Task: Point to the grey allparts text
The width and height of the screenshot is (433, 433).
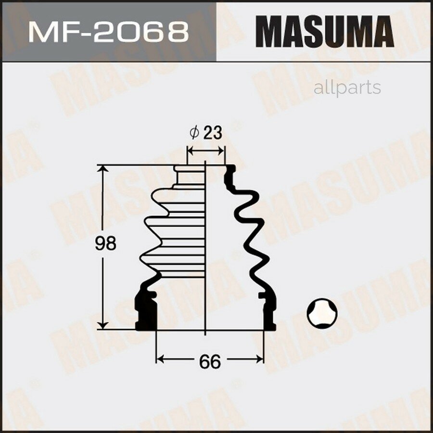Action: (x=347, y=88)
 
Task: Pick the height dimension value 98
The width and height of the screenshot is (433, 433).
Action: (x=105, y=244)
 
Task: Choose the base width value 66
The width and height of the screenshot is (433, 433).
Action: (x=209, y=360)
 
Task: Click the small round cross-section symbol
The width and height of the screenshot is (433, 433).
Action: (x=322, y=313)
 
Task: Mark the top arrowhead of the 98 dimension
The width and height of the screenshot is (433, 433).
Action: (x=102, y=170)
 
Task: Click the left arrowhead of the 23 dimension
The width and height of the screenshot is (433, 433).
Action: (x=190, y=151)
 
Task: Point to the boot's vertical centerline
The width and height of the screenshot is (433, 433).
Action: (x=205, y=250)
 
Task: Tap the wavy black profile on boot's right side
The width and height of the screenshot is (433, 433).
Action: (x=250, y=226)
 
